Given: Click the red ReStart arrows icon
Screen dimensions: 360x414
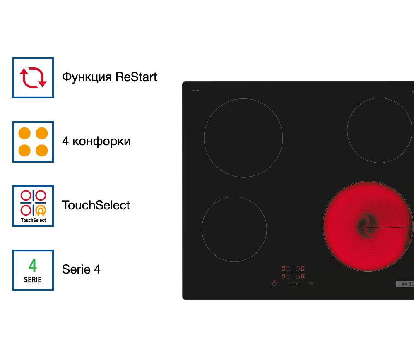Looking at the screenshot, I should coord(33,78).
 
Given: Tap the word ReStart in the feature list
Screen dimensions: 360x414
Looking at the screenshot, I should coord(136,77).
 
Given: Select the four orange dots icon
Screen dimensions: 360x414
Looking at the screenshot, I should coord(33,142).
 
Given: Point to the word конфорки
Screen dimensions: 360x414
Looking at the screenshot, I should coord(101,142).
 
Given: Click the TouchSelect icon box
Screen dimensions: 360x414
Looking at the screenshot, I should coord(33,206).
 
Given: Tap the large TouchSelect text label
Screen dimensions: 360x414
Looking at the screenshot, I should coord(96,205).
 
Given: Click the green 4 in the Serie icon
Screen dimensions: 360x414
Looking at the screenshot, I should coord(33,266).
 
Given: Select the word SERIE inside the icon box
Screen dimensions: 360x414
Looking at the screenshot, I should coord(33,280).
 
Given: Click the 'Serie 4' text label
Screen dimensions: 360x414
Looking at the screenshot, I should coord(81,269).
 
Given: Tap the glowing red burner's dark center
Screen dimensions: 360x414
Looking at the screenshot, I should coord(366,226).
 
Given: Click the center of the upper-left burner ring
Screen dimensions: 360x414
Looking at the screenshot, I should coord(243,138).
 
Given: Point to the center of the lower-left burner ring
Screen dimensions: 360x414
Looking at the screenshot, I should coord(234,229).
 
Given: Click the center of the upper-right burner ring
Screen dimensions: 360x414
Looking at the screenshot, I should coord(380,130).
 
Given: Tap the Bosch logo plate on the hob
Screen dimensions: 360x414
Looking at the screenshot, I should coord(405,284).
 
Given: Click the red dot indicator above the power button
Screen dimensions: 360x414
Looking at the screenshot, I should coord(274,280).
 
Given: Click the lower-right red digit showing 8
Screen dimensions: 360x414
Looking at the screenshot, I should coord(303,276).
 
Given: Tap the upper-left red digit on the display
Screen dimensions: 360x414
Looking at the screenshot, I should coord(284,269).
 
